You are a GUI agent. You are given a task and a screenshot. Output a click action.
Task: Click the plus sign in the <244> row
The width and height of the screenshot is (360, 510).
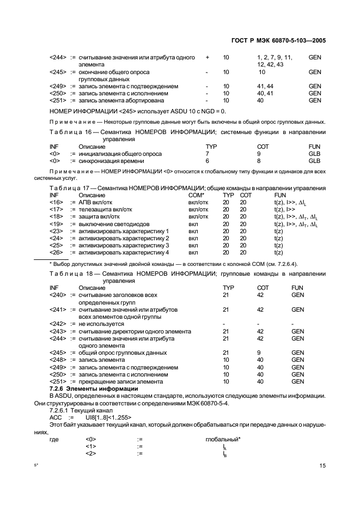click(208, 57)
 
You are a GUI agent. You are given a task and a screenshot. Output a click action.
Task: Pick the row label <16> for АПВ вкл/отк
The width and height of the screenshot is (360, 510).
click(56, 202)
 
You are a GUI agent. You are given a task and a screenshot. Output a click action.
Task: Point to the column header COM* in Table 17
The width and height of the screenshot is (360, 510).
click(196, 195)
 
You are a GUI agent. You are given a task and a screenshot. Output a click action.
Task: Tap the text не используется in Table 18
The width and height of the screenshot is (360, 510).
click(101, 324)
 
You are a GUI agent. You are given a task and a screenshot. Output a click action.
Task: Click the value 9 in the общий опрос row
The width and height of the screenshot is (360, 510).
click(259, 353)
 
